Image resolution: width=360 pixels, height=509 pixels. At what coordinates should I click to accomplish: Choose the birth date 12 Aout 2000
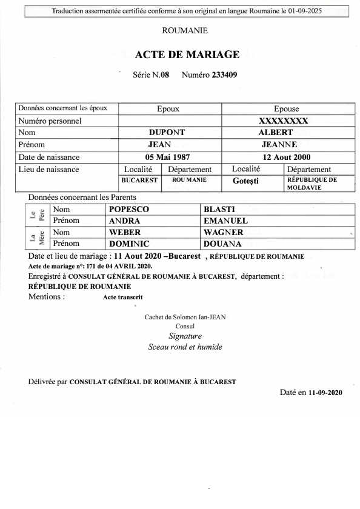279,157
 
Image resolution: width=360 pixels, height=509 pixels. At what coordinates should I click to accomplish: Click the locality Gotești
249,181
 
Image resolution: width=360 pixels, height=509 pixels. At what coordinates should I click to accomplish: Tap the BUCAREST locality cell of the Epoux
140,180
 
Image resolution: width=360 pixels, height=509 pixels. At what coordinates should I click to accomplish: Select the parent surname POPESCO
128,209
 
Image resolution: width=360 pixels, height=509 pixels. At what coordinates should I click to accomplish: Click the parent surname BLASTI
219,209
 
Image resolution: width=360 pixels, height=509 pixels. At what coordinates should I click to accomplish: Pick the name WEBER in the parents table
124,232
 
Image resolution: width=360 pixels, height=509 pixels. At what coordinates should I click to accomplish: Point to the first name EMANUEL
226,221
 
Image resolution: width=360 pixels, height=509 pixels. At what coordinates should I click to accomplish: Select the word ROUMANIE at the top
185,30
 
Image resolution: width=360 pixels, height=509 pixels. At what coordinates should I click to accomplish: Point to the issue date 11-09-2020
325,393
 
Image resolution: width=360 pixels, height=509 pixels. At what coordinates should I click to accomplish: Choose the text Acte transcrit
124,298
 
